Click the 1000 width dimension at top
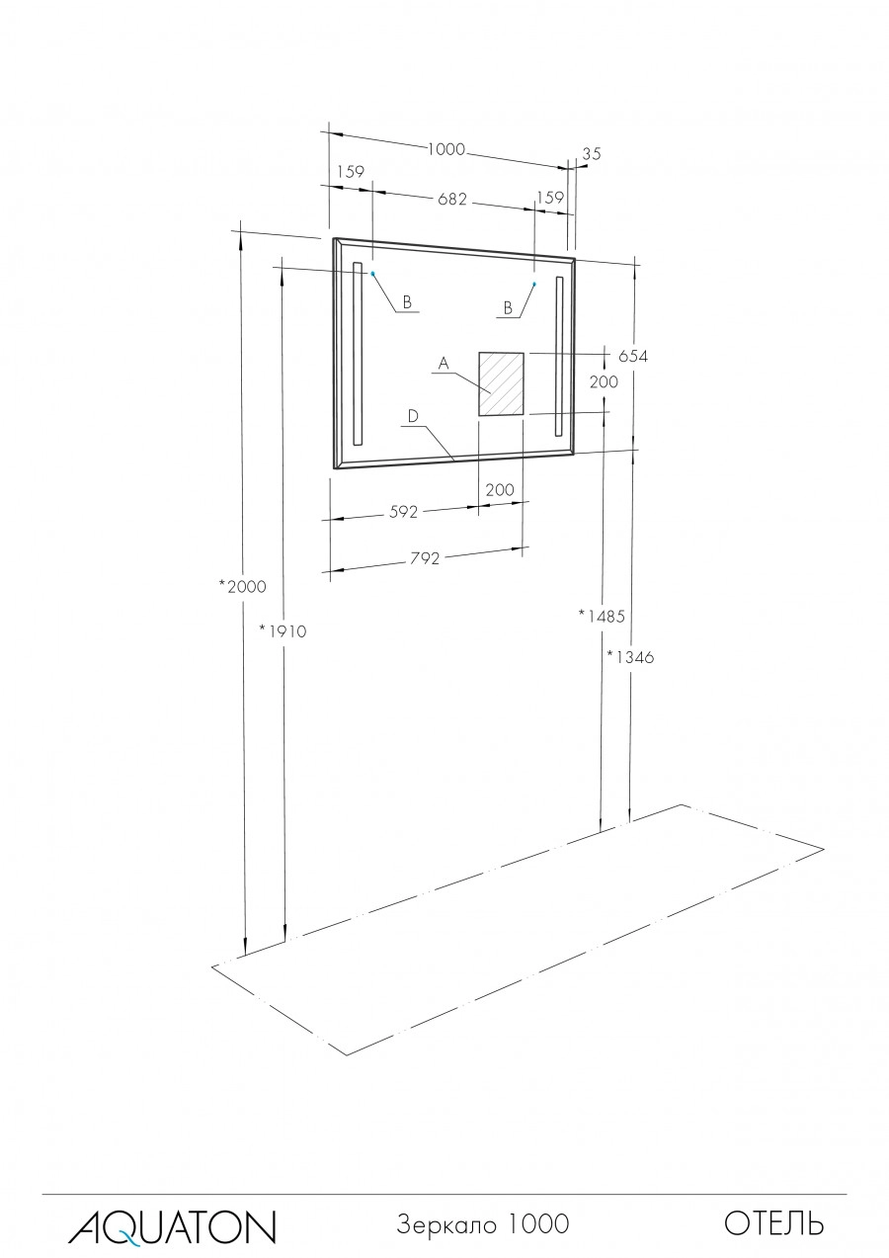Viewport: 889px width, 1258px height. point(445,149)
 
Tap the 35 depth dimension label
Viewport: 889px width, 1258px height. point(592,153)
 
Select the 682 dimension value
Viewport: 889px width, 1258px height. point(451,199)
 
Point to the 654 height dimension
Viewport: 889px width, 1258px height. point(632,357)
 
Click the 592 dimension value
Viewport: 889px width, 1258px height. point(404,512)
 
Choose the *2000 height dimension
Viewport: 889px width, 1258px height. point(243,586)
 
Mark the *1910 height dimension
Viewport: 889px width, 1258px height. point(283,630)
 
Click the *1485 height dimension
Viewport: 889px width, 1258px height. point(602,616)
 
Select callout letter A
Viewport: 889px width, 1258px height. point(444,365)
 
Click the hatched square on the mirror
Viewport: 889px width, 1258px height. point(501,383)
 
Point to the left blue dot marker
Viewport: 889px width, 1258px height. point(372,274)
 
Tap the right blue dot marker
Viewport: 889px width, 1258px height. point(534,284)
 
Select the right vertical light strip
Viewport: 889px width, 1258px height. point(559,356)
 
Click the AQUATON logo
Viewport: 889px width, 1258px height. point(172,1225)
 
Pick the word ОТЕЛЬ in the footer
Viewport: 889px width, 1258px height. point(773,1224)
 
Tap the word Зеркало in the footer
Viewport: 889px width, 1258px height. point(444,1224)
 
